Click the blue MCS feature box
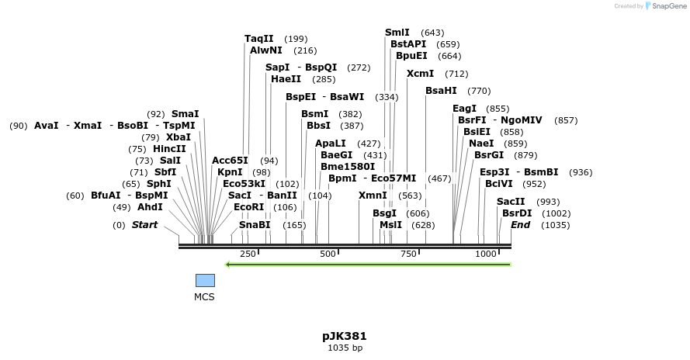pyautogui.click(x=205, y=280)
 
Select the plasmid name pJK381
pyautogui.click(x=345, y=336)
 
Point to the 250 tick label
pyautogui.click(x=248, y=254)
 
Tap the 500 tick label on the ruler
pyautogui.click(x=328, y=254)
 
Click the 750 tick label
pyautogui.click(x=407, y=254)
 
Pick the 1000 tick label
pyautogui.click(x=486, y=254)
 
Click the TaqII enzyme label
pyautogui.click(x=259, y=39)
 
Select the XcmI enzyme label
pyautogui.click(x=421, y=74)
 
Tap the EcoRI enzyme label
pyautogui.click(x=249, y=207)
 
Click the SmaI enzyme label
pyautogui.click(x=185, y=114)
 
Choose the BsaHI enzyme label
pyautogui.click(x=441, y=91)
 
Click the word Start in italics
pyautogui.click(x=144, y=225)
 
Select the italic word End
pyautogui.click(x=520, y=225)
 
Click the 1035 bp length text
pyautogui.click(x=345, y=348)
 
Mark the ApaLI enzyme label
pyautogui.click(x=331, y=144)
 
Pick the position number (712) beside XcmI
pyautogui.click(x=457, y=74)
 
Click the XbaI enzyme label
pyautogui.click(x=179, y=137)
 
